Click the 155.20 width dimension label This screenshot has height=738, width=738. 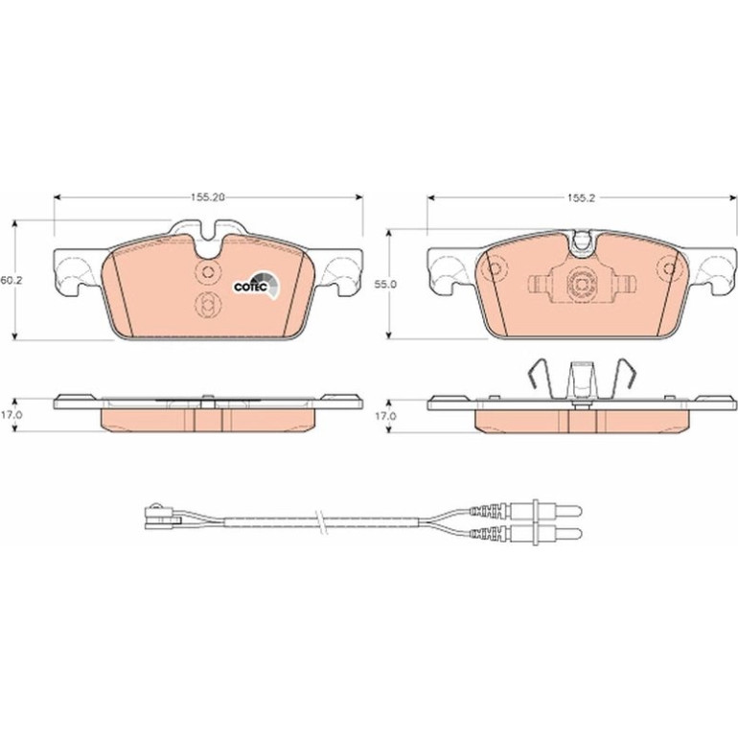[208, 197]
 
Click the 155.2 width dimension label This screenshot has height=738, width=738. [581, 198]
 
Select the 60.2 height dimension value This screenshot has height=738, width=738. [12, 280]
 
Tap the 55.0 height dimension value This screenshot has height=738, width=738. [385, 285]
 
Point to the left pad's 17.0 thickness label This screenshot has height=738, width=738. [12, 416]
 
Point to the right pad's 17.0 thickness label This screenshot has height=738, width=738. [385, 416]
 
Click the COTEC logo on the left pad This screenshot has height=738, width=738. [257, 286]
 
